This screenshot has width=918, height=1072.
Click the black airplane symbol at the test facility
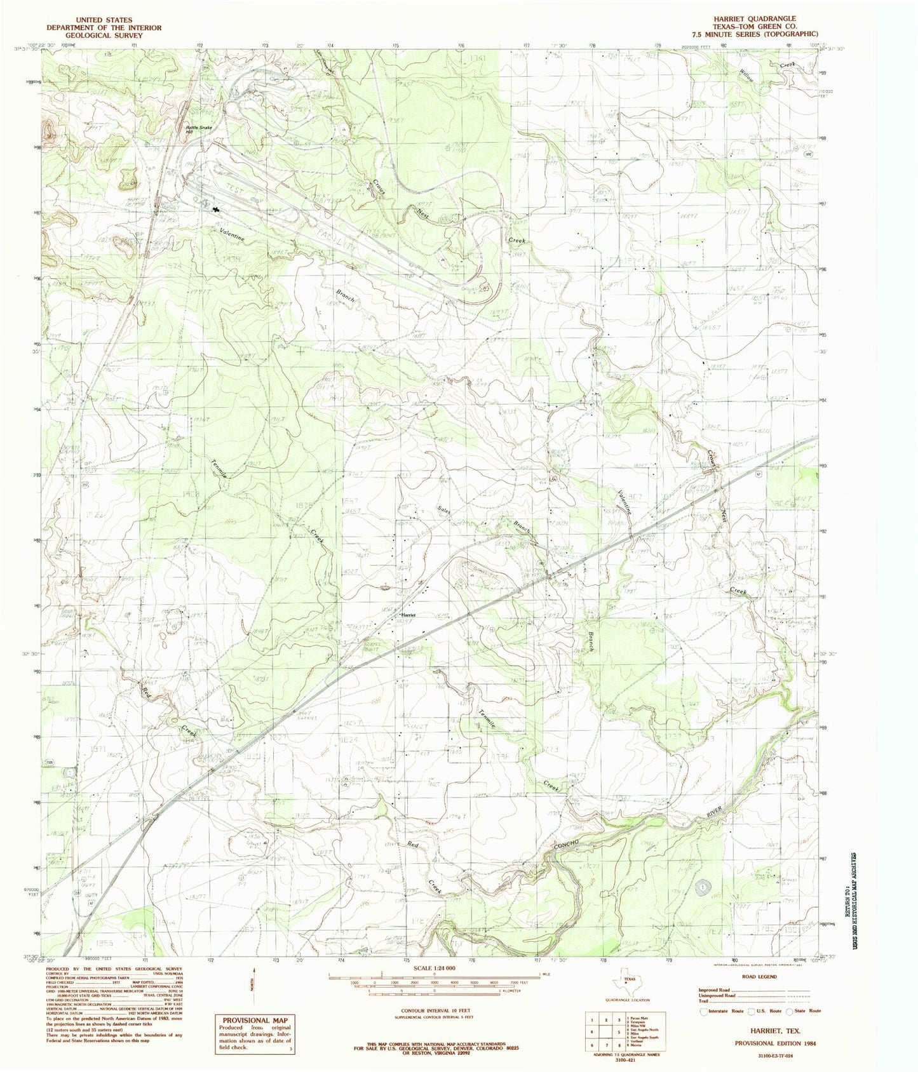click(x=217, y=208)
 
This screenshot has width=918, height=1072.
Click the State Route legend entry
click(x=805, y=1010)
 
